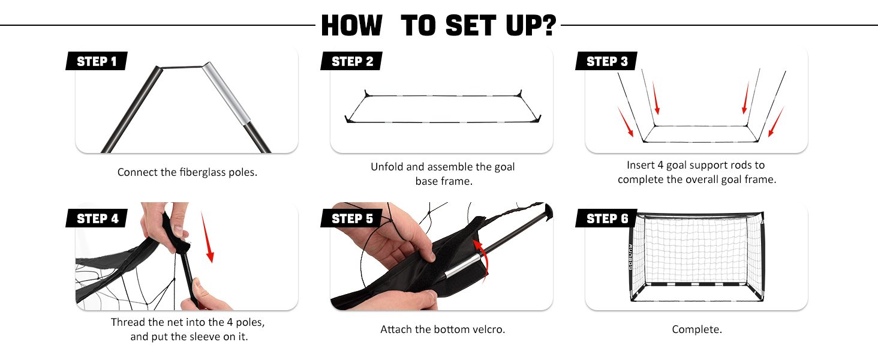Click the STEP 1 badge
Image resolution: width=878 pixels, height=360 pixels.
96,61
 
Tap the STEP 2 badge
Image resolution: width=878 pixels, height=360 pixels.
351,61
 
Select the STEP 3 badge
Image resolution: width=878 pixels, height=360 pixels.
606,61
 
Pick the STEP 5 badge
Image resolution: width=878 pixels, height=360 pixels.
351,218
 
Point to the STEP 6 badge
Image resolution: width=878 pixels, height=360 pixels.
606,218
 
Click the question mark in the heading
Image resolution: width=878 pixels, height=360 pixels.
549,26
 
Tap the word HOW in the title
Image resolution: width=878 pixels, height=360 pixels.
351,26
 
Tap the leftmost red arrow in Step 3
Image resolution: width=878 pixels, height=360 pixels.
626,122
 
